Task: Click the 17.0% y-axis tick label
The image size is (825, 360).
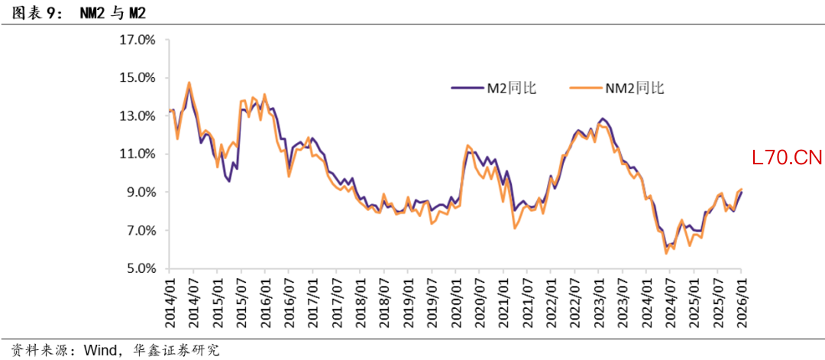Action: click(137, 40)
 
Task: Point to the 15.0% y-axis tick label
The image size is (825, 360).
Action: click(137, 78)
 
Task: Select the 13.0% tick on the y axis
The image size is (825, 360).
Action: click(137, 116)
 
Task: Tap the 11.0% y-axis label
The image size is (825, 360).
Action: click(137, 154)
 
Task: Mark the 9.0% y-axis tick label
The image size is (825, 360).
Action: click(141, 193)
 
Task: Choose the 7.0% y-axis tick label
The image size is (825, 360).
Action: click(141, 231)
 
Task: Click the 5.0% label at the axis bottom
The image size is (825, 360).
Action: click(141, 269)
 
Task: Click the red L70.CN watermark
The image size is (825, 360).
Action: click(786, 159)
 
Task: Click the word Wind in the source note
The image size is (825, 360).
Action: click(97, 350)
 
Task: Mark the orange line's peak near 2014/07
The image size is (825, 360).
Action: click(189, 83)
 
